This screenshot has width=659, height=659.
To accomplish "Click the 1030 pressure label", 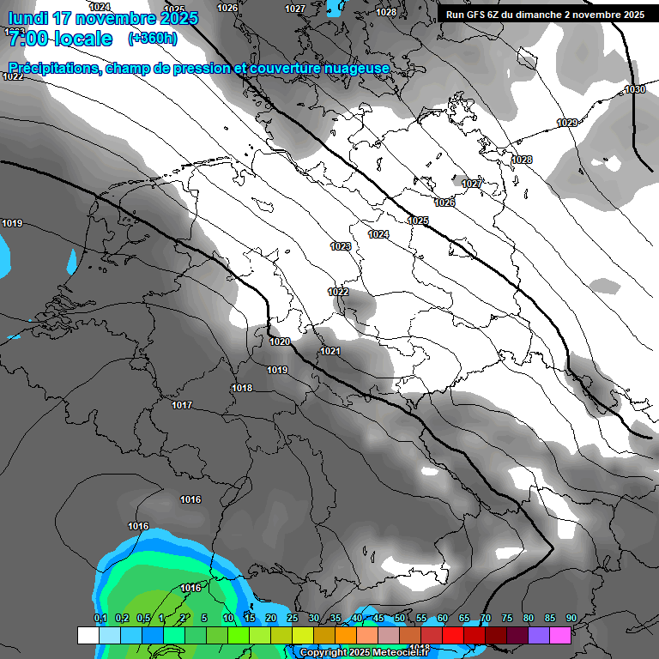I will tap(635, 89).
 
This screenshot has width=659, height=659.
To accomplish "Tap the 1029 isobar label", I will tap(567, 123).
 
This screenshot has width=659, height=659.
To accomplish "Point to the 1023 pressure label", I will tap(341, 246).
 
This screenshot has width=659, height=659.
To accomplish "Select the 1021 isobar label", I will tap(330, 351).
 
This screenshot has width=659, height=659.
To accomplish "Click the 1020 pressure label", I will tap(280, 342).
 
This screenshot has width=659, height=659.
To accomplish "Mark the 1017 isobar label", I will tap(182, 405).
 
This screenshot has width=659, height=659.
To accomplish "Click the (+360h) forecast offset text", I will tap(153, 39).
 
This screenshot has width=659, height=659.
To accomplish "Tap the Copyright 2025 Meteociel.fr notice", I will tap(366, 652).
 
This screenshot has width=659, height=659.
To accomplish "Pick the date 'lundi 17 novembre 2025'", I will tap(103, 17).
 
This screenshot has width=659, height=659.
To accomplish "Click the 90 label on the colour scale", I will tap(571, 618).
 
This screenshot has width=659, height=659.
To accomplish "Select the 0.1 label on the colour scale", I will tap(100, 618).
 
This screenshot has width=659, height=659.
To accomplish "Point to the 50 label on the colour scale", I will tap(399, 618).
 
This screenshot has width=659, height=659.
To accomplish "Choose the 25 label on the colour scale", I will tap(293, 618).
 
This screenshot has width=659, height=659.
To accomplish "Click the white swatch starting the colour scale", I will tap(88, 635).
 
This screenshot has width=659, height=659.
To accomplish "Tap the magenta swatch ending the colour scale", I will tap(560, 635).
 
